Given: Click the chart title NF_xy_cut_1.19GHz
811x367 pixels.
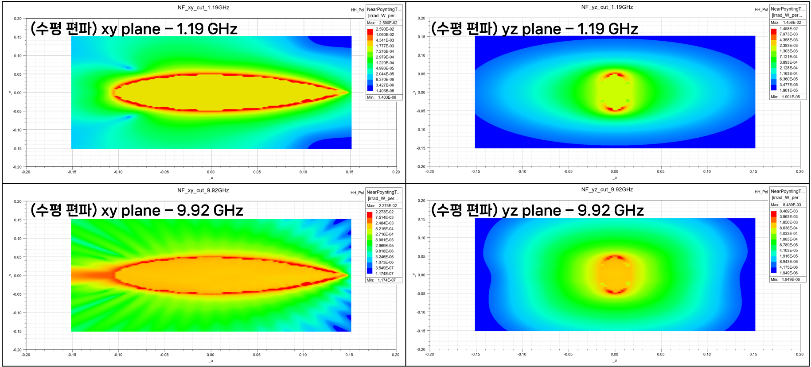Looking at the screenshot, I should pyautogui.click(x=203, y=8).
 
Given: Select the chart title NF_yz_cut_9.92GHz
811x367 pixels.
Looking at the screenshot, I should pyautogui.click(x=607, y=189).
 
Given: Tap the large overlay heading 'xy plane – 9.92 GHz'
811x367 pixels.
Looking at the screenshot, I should pyautogui.click(x=172, y=210).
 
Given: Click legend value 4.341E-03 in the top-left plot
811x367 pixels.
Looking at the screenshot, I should pyautogui.click(x=385, y=40).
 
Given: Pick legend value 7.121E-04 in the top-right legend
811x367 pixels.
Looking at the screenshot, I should pyautogui.click(x=788, y=57).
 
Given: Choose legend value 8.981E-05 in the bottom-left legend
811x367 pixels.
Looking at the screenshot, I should pyautogui.click(x=384, y=240).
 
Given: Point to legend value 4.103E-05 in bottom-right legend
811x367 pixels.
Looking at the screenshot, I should pyautogui.click(x=788, y=251).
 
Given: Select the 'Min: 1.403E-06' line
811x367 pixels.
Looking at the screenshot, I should pyautogui.click(x=383, y=97).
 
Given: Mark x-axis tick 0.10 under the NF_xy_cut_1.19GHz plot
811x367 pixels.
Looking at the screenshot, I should pyautogui.click(x=303, y=172).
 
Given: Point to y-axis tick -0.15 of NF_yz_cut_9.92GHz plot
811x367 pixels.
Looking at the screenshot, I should pyautogui.click(x=421, y=331).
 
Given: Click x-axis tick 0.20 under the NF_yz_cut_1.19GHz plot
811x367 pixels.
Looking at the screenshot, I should pyautogui.click(x=799, y=171).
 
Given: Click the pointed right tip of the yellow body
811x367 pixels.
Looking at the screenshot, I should pyautogui.click(x=348, y=93).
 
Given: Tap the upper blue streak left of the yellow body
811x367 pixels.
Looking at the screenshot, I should pyautogui.click(x=128, y=68).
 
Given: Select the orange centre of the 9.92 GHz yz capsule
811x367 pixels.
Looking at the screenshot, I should pyautogui.click(x=615, y=274).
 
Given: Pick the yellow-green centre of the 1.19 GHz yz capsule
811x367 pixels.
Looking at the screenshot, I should pyautogui.click(x=615, y=92).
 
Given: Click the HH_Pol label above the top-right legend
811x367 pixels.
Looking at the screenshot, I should pyautogui.click(x=761, y=9).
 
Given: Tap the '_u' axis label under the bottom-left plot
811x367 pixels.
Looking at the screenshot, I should pyautogui.click(x=211, y=361).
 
